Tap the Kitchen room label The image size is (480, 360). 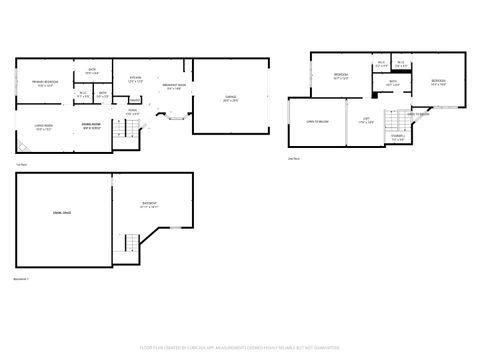[135, 78]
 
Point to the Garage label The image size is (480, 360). [230, 97]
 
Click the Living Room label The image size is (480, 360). [43, 127]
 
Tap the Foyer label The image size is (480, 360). [131, 112]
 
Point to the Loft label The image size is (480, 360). [367, 121]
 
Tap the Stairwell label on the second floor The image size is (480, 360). [398, 139]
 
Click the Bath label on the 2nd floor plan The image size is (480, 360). [393, 85]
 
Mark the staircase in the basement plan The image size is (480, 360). [131, 243]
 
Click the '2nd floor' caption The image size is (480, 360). [294, 159]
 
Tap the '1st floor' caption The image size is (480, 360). [21, 164]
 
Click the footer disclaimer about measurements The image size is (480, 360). [240, 349]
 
